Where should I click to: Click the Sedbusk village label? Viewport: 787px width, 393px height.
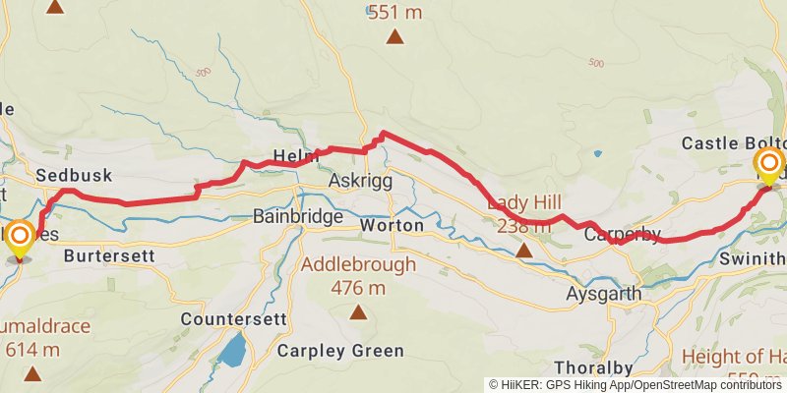(74, 175)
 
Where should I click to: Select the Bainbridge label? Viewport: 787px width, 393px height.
(298, 216)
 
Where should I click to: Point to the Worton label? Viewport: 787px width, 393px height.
(393, 226)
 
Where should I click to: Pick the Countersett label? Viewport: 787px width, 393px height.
(233, 319)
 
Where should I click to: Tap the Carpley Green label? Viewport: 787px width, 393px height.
(340, 351)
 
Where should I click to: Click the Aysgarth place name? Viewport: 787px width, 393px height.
(604, 294)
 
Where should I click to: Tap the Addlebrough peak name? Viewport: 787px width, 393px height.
(358, 264)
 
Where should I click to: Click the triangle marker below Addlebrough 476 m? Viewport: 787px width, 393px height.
(358, 313)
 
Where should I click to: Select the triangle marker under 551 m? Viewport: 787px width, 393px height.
(394, 38)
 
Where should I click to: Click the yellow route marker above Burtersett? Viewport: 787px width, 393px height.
(19, 237)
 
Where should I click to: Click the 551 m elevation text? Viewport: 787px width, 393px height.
(394, 12)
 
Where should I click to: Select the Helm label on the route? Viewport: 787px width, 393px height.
(296, 156)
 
